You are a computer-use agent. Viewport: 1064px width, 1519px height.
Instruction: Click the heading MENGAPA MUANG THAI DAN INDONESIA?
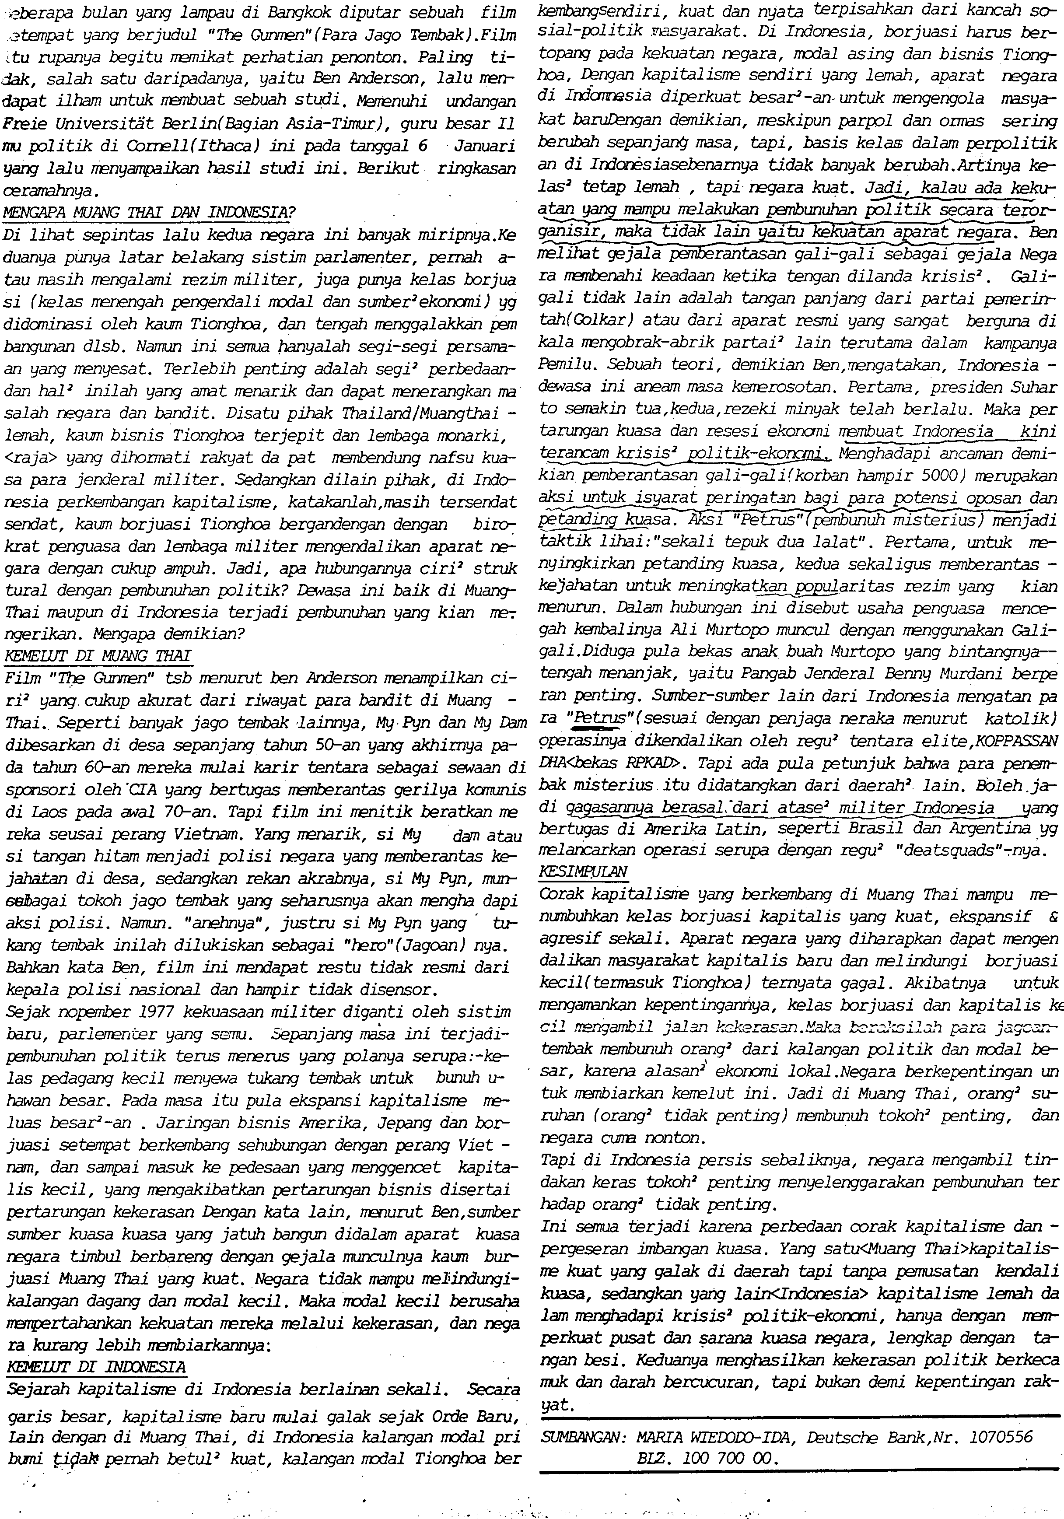148,213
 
